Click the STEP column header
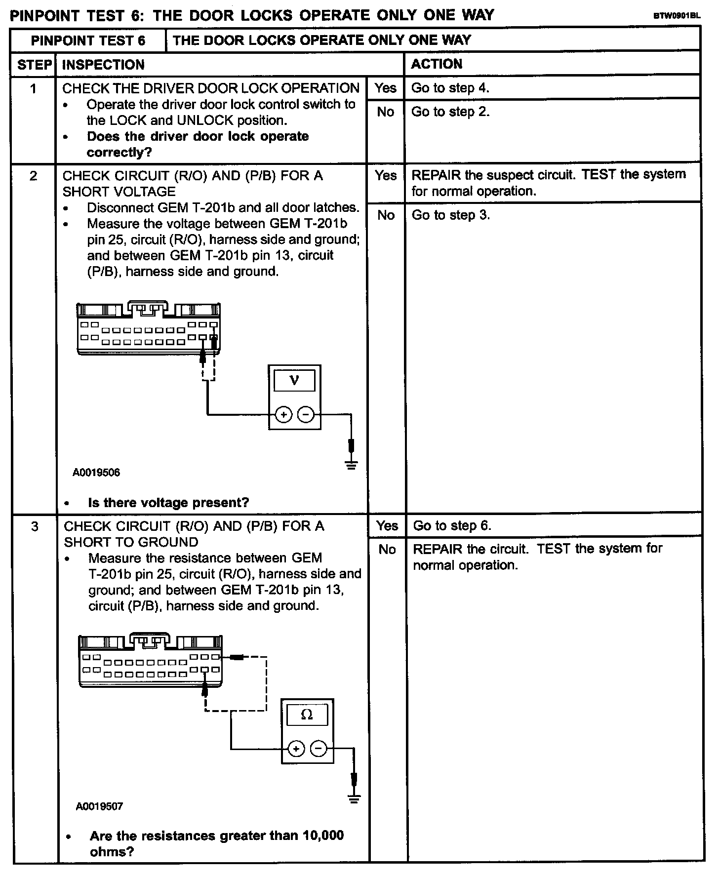[34, 65]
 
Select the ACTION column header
[437, 64]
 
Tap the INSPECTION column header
[103, 65]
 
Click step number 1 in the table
[33, 89]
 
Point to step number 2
[33, 176]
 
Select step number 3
[34, 526]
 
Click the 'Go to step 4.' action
[450, 88]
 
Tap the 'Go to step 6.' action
[452, 525]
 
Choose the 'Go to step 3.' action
[450, 215]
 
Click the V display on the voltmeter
[294, 380]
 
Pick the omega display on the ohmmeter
[307, 715]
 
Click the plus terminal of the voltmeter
[283, 415]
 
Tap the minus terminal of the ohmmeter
[319, 749]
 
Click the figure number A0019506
[96, 473]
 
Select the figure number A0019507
[99, 806]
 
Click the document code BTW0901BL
[677, 16]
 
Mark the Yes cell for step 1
[385, 88]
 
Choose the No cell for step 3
[387, 549]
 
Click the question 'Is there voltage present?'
[168, 503]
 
